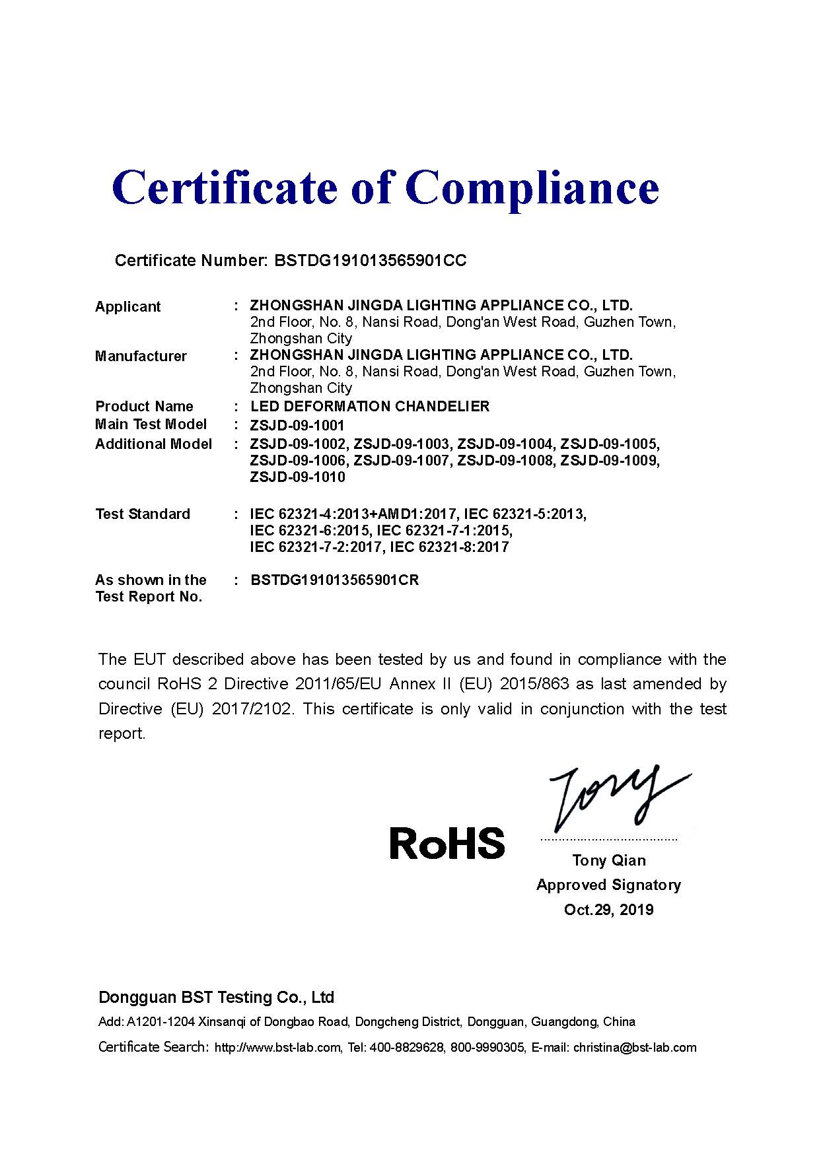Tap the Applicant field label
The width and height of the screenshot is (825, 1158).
click(x=127, y=307)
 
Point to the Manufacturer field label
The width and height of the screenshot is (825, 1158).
click(x=141, y=357)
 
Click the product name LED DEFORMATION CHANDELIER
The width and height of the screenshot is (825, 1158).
click(x=370, y=407)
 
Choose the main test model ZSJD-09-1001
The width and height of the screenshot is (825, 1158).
click(x=297, y=426)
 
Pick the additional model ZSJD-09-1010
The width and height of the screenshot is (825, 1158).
click(x=297, y=477)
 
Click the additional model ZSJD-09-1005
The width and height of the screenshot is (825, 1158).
click(x=609, y=444)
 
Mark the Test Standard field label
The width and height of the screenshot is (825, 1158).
click(x=142, y=514)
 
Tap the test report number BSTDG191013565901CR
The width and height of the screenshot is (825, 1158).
click(x=334, y=580)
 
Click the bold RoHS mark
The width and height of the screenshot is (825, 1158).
click(x=447, y=843)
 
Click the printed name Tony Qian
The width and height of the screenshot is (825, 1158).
click(x=608, y=860)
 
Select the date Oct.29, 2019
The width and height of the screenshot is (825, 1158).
click(x=608, y=910)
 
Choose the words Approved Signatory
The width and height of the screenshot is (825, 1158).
click(x=608, y=885)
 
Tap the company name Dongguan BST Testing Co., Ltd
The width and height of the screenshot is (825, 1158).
click(x=216, y=997)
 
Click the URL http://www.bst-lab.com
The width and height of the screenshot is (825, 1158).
click(x=278, y=1048)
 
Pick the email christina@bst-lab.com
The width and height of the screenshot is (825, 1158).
click(x=635, y=1048)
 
